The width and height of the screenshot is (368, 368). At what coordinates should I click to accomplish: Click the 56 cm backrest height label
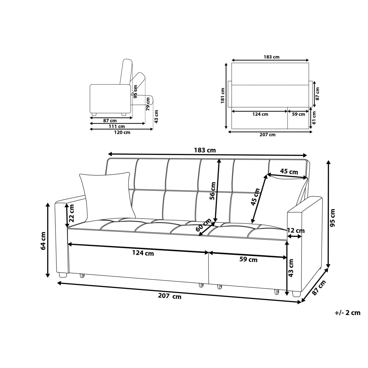tap(213, 191)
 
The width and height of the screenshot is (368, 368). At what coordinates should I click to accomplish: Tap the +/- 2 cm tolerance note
tap(347, 313)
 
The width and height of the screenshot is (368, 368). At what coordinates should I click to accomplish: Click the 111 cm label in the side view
tap(117, 126)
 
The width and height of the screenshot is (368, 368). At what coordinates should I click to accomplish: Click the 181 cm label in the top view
tap(223, 95)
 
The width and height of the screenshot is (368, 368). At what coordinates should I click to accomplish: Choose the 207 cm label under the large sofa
tap(170, 297)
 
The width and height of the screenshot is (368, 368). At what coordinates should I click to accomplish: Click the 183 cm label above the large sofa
tap(205, 150)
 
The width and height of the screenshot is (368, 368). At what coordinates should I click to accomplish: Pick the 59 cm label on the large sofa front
tap(248, 260)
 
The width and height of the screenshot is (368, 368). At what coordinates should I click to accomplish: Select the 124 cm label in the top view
tap(260, 114)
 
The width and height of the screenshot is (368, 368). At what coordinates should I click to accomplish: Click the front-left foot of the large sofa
tap(63, 275)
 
